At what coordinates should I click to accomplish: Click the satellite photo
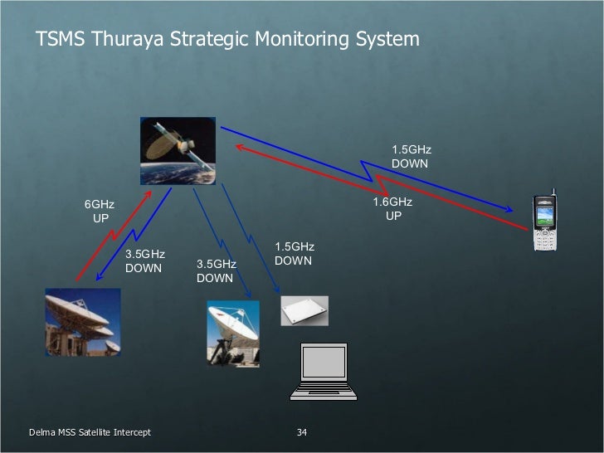coord(178,150)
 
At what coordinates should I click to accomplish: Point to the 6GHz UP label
coord(100,212)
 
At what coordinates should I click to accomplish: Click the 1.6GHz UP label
coord(392,208)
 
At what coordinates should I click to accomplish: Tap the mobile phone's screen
coord(543,217)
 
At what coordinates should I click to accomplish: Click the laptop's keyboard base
coord(324,394)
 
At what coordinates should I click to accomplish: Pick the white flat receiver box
coord(304,310)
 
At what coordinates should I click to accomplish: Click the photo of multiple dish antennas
coord(82,321)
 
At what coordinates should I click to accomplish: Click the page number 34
coord(302,433)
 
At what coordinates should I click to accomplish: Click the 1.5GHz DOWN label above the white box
coord(294,254)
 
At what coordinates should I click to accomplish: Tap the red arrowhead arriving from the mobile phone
coord(240,148)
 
